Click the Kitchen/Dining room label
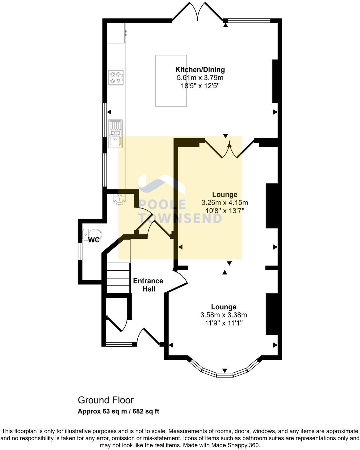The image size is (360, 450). (200, 70)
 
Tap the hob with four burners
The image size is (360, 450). (116, 77)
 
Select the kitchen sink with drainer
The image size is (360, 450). (116, 133)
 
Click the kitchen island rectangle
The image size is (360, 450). (171, 81)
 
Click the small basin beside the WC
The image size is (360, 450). (119, 200)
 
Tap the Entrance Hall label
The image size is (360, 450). (148, 285)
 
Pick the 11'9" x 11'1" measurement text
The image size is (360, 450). (223, 323)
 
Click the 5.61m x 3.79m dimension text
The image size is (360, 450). (200, 78)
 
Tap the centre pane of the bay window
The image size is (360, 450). (224, 375)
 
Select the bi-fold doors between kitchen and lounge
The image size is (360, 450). (230, 149)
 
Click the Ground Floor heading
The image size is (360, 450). (106, 400)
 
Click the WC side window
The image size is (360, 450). (79, 251)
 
